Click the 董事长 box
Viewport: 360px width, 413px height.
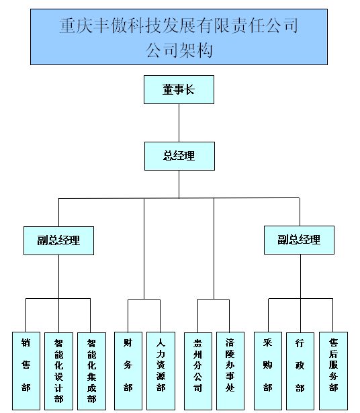tap(179, 89)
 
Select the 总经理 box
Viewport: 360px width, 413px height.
tap(179, 156)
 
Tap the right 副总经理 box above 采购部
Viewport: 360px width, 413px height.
tap(299, 240)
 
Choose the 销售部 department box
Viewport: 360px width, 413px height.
tap(26, 370)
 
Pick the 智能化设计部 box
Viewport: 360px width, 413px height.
tap(59, 370)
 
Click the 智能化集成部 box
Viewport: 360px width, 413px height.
tap(91, 370)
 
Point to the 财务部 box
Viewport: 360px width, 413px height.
tap(128, 370)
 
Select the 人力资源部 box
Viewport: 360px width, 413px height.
tap(161, 370)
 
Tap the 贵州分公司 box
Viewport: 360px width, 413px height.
tap(197, 370)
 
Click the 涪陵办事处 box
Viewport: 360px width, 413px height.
tap(230, 370)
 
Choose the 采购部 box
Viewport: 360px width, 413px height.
tap(267, 370)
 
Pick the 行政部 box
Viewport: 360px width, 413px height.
tap(300, 370)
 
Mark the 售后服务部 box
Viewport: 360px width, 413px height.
tap(333, 370)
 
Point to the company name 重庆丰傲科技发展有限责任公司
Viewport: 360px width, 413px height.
tap(179, 27)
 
